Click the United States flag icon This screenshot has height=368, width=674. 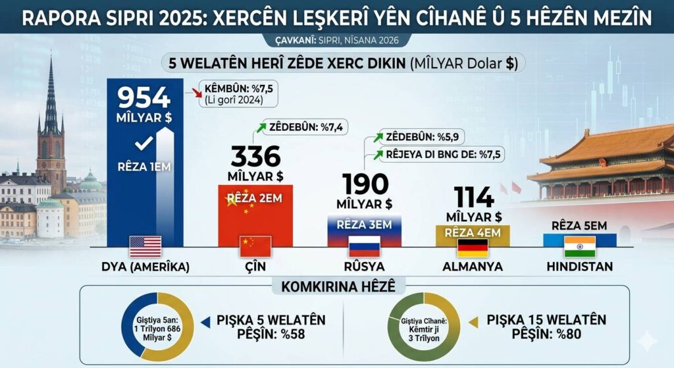click(145, 246)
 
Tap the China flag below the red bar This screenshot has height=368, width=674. click(255, 246)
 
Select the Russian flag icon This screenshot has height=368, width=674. click(364, 247)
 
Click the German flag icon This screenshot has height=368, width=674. click(473, 248)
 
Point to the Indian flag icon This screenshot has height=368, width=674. click(579, 247)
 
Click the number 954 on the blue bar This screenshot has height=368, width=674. click(143, 99)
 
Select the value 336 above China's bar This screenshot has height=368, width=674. click(255, 157)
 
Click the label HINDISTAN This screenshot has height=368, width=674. click(579, 267)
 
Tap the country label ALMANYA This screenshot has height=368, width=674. click(473, 267)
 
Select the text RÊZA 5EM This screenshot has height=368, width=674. click(580, 226)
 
